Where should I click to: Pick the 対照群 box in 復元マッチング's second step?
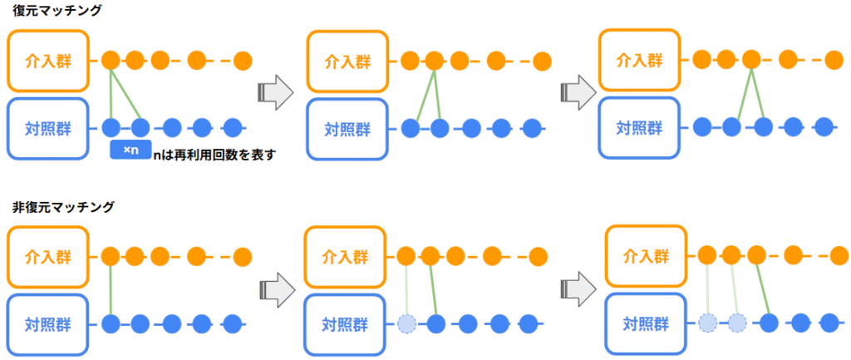click(x=347, y=129)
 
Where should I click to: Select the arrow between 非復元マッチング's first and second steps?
click(x=273, y=290)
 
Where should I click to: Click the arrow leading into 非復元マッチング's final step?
click(x=573, y=290)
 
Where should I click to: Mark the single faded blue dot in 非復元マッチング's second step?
click(x=406, y=323)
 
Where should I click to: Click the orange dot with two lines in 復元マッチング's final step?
click(x=751, y=60)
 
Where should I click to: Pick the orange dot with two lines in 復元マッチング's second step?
click(x=434, y=61)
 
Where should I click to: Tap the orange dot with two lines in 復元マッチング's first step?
click(x=111, y=61)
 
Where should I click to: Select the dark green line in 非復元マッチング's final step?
click(x=762, y=288)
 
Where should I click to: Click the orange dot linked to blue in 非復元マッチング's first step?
click(x=111, y=255)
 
